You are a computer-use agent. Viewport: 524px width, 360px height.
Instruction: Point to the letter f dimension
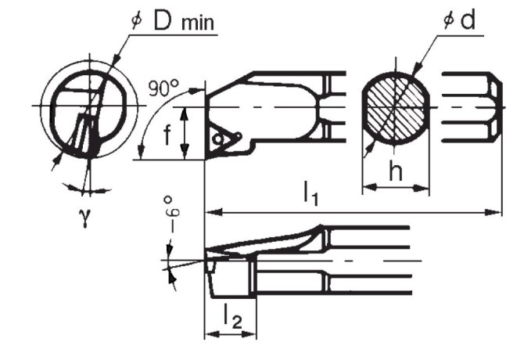coord(167,134)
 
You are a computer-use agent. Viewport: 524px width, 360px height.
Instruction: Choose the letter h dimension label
coord(395,171)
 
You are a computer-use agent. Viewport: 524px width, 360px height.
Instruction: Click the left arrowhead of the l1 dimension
coord(210,210)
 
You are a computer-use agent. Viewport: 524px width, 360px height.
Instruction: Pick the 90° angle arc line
coord(145,125)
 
